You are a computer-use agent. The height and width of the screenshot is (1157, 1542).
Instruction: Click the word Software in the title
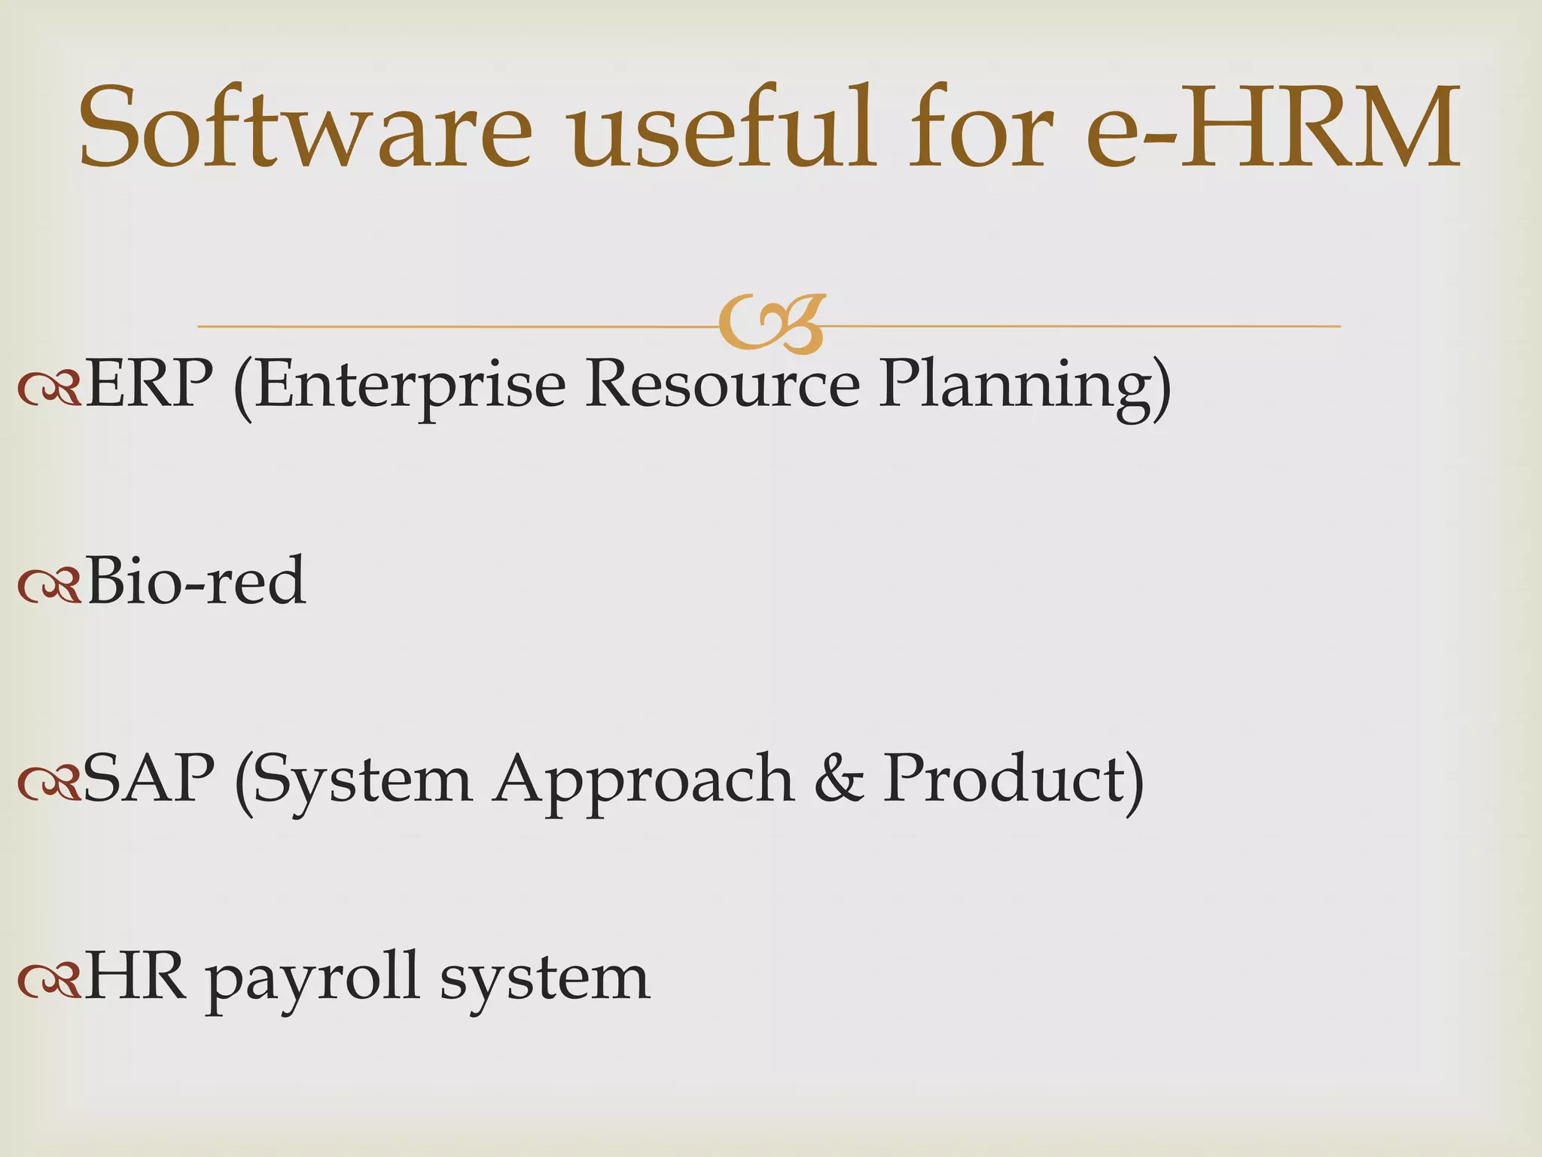click(x=306, y=128)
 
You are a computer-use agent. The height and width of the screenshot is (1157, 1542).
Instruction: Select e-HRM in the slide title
click(x=1272, y=128)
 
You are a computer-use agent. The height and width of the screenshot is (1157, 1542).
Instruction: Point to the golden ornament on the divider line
click(x=772, y=325)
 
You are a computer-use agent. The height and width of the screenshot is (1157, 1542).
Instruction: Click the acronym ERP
click(x=149, y=384)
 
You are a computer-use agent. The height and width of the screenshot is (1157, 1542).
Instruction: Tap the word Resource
click(x=723, y=384)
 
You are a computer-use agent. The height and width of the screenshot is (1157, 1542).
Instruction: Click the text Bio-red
click(x=196, y=582)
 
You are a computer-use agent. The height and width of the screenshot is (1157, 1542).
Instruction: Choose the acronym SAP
click(x=149, y=779)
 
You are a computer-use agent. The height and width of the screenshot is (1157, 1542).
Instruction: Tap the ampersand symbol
click(x=839, y=779)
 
